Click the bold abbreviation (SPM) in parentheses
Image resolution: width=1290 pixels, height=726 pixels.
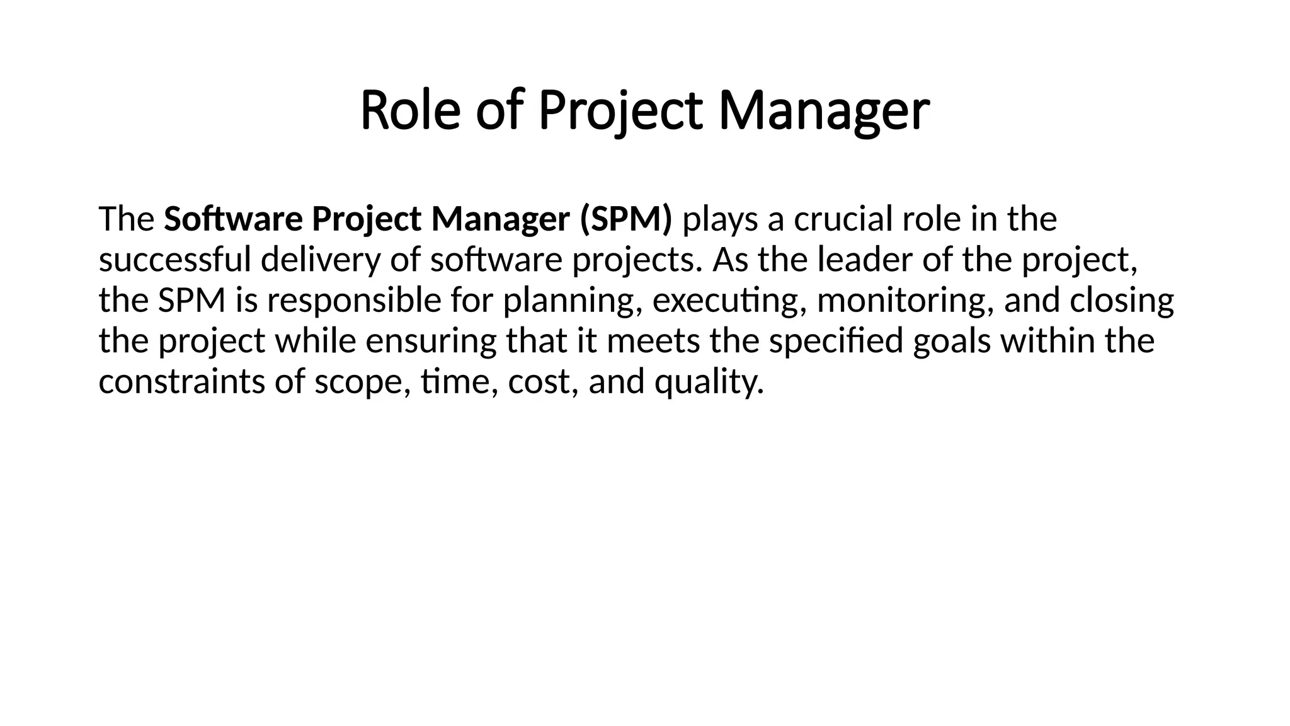[625, 219]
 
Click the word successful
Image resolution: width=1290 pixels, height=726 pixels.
[175, 260]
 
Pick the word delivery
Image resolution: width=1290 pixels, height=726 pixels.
[321, 260]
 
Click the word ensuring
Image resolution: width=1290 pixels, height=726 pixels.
[431, 341]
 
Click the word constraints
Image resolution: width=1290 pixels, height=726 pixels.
[182, 382]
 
